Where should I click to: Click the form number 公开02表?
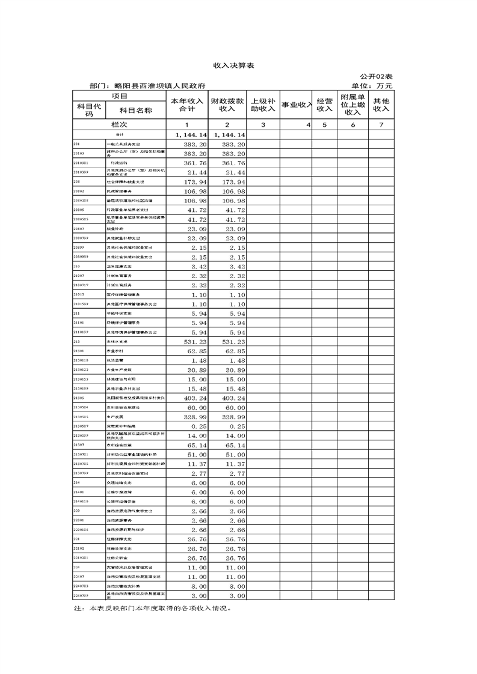[377, 76]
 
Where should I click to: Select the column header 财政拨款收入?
[227, 105]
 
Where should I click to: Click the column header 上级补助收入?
[263, 105]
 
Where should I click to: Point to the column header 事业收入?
[296, 105]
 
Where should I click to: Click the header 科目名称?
[135, 111]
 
